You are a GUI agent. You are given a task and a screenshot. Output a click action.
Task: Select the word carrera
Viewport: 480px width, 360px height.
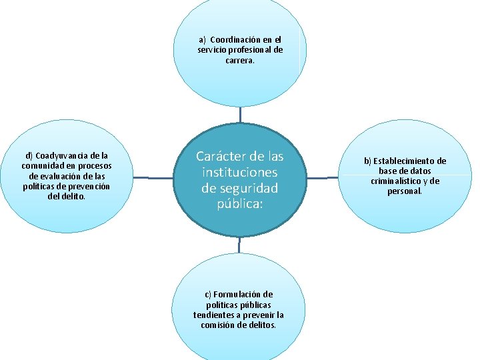pos(240,61)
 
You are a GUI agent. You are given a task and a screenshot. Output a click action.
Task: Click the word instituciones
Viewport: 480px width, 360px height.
pos(240,172)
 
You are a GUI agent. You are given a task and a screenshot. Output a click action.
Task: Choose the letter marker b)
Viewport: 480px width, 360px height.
pos(367,161)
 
